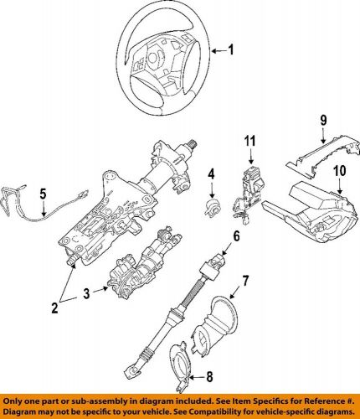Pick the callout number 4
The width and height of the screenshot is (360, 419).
click(x=212, y=175)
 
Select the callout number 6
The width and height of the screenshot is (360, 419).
click(x=236, y=237)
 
